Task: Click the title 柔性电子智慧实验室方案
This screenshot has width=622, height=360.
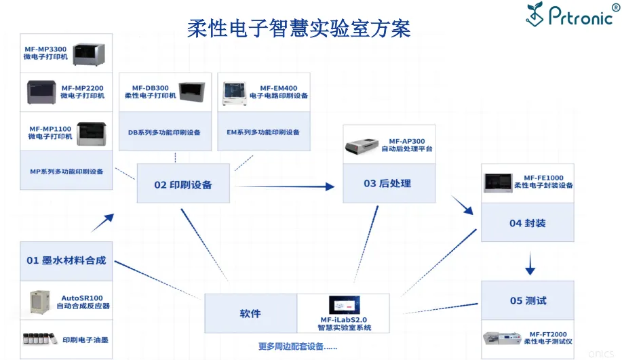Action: tap(298, 28)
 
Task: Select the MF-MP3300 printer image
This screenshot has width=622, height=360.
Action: tap(89, 54)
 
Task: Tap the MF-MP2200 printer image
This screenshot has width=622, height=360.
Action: tap(41, 92)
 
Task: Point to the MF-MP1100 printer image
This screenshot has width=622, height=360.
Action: tap(92, 134)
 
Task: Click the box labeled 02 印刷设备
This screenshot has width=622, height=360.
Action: tap(183, 184)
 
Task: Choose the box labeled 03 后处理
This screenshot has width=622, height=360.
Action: tap(389, 183)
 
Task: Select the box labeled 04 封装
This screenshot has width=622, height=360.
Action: tap(528, 222)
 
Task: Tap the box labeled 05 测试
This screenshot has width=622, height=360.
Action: tap(528, 300)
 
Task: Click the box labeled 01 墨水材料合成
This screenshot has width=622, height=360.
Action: tap(66, 261)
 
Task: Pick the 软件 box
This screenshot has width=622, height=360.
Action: tap(251, 313)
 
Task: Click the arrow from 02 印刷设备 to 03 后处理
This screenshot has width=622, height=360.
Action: tap(285, 186)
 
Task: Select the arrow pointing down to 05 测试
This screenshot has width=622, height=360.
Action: tap(530, 263)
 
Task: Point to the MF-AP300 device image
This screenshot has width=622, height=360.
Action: tap(362, 146)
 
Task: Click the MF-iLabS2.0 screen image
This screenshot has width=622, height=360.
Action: tap(345, 305)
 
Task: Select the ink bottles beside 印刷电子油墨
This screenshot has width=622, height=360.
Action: tap(39, 338)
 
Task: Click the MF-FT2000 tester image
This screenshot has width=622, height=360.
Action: tap(501, 338)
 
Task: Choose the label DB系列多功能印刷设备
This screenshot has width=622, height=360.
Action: tap(164, 132)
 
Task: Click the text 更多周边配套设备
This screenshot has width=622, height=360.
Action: tap(298, 346)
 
